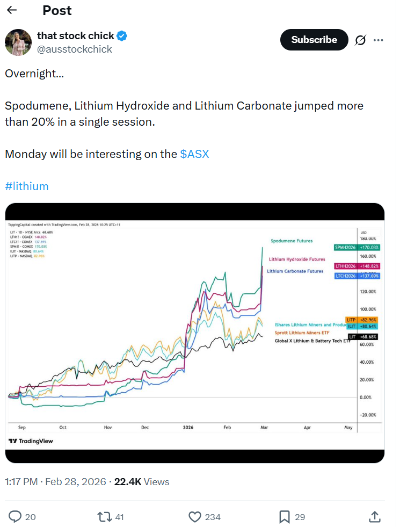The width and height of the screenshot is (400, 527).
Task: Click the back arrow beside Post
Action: (12, 10)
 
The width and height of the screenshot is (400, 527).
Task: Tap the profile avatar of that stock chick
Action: (18, 42)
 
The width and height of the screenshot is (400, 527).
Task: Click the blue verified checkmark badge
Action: (122, 36)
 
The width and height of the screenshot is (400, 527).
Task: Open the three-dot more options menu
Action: (379, 40)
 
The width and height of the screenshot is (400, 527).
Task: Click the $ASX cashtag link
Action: (194, 154)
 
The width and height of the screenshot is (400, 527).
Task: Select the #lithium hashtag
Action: (27, 186)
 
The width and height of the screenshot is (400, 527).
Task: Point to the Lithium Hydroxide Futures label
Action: (297, 259)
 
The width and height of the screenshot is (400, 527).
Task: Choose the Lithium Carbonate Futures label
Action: (295, 271)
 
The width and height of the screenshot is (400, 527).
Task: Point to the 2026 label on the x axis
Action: (188, 428)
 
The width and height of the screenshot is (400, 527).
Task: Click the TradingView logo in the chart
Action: (31, 441)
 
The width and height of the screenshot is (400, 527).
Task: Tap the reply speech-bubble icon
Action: (16, 517)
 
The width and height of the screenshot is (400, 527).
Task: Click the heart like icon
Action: (195, 517)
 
